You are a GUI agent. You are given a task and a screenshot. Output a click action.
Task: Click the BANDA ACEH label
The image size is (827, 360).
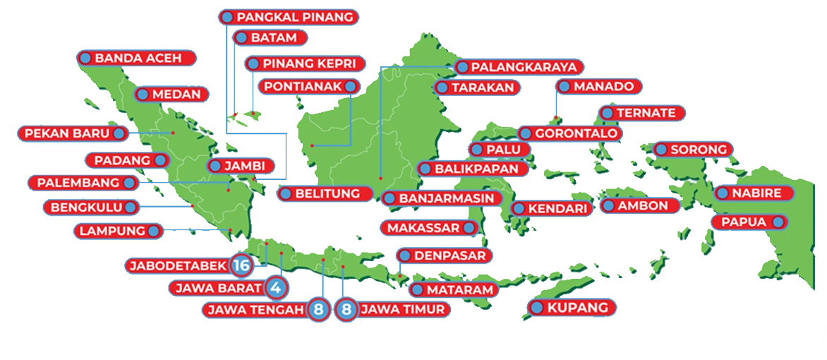(x=136, y=59)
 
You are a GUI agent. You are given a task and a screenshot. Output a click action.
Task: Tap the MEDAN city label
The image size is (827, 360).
(x=171, y=94)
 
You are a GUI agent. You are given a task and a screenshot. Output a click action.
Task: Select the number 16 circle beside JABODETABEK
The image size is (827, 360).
(x=241, y=265)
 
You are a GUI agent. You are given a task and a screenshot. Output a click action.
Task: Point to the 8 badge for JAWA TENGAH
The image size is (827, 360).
(x=318, y=309)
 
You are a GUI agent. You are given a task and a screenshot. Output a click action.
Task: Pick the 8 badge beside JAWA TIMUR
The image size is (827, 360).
(x=346, y=309)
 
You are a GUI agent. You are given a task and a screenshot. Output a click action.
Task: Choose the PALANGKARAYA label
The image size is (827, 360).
(x=519, y=67)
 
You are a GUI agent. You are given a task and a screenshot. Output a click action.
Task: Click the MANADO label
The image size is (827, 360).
(x=600, y=86)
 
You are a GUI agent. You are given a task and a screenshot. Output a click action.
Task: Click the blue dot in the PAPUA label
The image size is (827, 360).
(x=778, y=222)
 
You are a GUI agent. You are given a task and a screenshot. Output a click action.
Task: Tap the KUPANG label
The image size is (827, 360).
(x=572, y=308)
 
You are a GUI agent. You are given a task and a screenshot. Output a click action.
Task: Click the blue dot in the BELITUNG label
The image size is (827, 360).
(x=286, y=193)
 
